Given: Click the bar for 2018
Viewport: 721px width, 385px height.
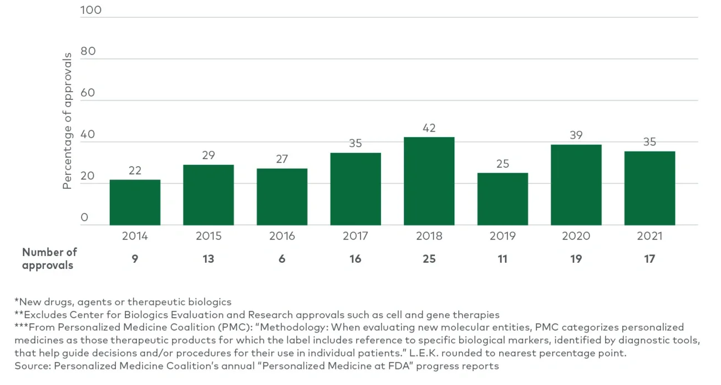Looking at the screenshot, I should click(x=429, y=181).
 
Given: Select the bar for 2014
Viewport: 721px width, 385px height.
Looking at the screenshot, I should click(x=135, y=202).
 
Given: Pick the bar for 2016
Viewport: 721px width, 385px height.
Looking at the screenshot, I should click(x=282, y=197).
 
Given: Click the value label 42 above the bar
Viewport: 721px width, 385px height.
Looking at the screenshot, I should click(x=429, y=128).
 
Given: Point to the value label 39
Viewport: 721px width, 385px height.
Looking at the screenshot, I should click(x=576, y=136).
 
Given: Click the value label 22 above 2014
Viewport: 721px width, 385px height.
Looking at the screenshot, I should click(x=135, y=171).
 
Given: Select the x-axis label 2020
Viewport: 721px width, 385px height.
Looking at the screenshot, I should click(x=576, y=236).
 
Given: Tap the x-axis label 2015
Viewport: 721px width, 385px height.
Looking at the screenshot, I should click(x=209, y=236).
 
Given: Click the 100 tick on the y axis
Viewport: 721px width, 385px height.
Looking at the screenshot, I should click(x=91, y=10).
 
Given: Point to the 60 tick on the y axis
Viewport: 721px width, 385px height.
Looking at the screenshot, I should click(x=88, y=93).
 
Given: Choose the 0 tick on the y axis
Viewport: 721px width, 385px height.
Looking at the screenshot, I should click(x=84, y=217).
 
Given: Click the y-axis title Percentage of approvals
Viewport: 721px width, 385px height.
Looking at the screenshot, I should click(x=67, y=121).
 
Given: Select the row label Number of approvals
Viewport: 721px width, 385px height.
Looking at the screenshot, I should click(x=49, y=258).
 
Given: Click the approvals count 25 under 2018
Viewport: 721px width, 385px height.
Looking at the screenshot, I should click(x=429, y=259).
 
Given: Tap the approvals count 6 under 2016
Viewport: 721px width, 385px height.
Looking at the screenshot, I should click(x=282, y=259).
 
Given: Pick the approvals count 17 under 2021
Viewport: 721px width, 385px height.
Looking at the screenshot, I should click(x=649, y=259).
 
